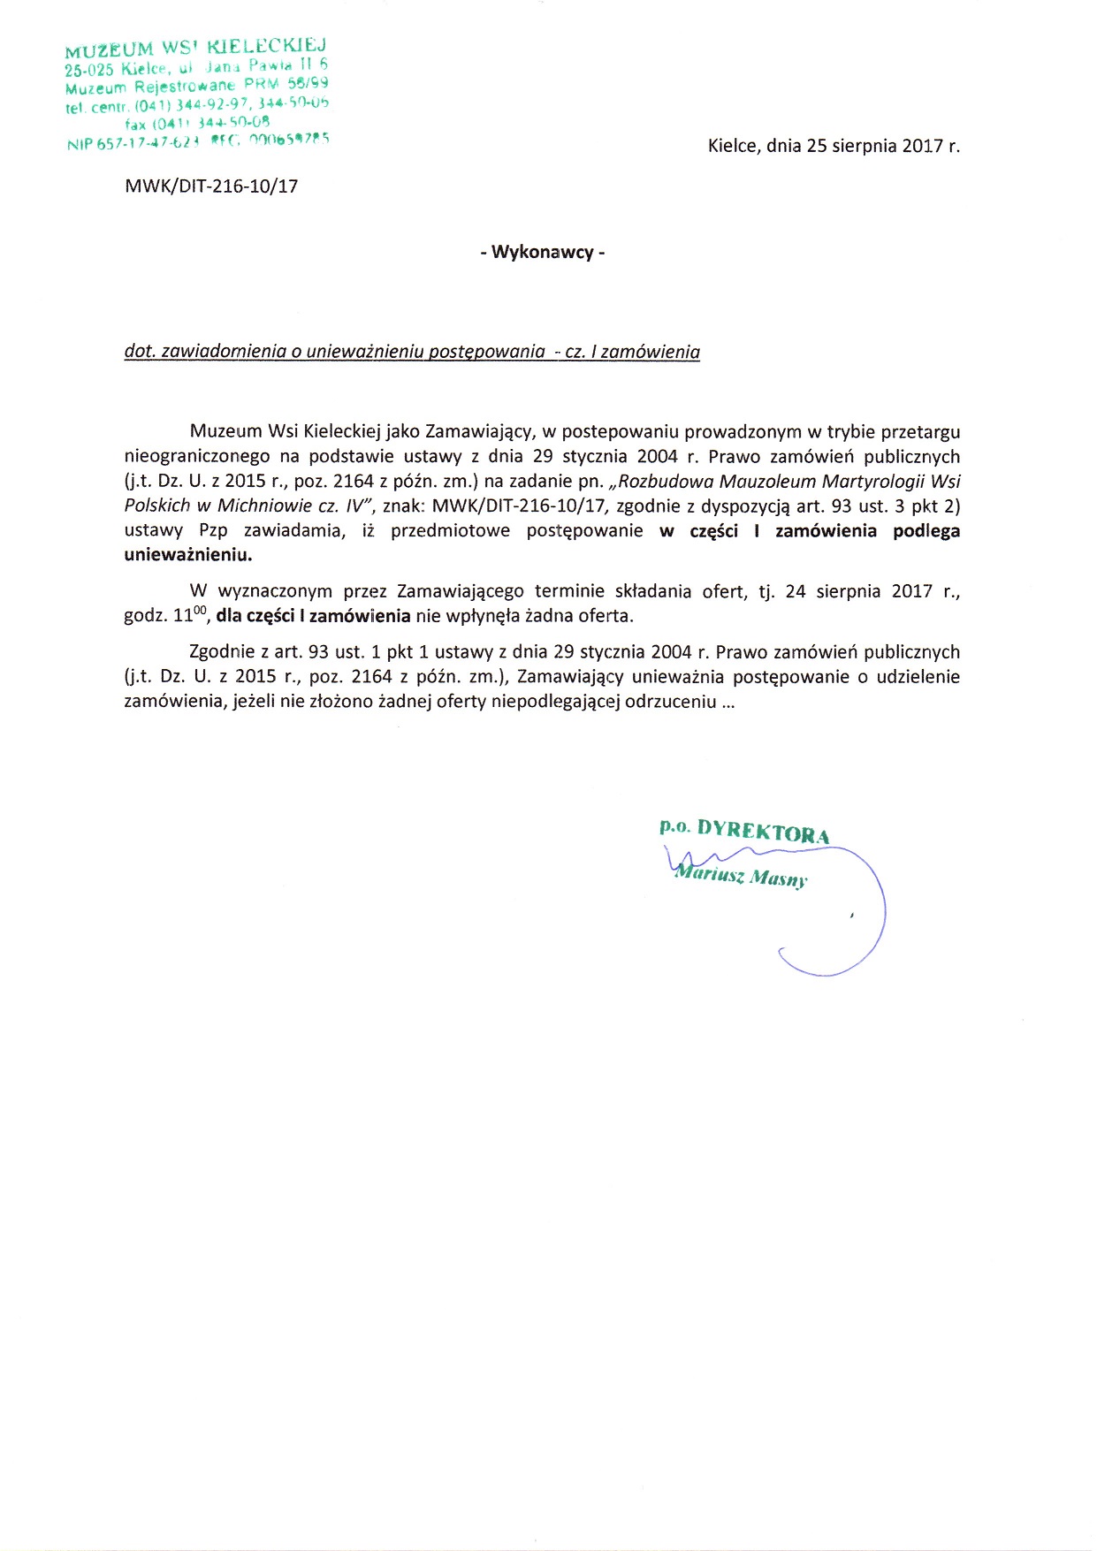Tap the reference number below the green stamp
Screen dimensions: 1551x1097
(x=211, y=186)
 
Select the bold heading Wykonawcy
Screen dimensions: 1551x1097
(x=543, y=253)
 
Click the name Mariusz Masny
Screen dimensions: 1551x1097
(x=741, y=877)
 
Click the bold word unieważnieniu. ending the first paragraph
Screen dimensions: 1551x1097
(x=187, y=556)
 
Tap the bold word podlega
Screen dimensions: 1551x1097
(x=926, y=531)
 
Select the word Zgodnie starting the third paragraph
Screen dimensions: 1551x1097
(x=222, y=652)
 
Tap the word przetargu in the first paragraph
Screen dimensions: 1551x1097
(x=925, y=432)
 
